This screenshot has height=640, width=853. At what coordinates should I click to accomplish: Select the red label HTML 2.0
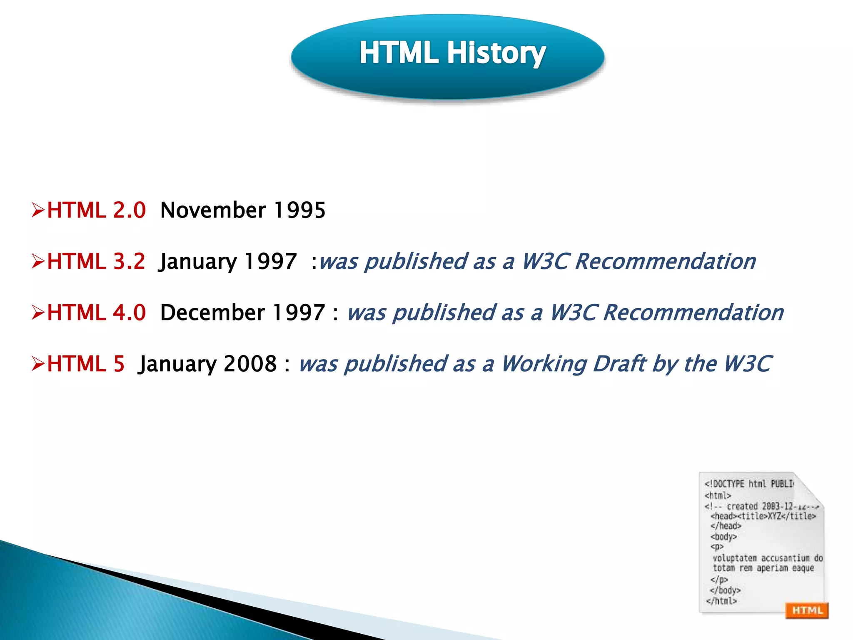(96, 210)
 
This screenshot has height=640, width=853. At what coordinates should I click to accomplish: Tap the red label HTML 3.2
(96, 261)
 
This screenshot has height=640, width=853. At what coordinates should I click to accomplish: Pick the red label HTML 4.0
(96, 312)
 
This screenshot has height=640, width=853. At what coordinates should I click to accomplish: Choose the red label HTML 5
(85, 364)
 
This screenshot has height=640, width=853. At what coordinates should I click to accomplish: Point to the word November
(213, 210)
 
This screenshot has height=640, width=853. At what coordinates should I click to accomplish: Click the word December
(212, 312)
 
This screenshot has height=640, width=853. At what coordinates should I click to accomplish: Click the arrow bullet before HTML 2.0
(38, 210)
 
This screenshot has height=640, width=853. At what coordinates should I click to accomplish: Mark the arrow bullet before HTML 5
(38, 364)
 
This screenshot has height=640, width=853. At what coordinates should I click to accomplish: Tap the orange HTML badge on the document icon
(807, 610)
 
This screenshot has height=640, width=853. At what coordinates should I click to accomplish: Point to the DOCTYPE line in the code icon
(749, 484)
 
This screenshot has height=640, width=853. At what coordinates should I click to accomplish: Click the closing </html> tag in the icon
(721, 601)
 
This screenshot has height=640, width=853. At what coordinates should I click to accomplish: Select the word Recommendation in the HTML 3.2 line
(666, 261)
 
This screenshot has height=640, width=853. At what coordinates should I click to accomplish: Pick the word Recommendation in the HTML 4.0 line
(693, 312)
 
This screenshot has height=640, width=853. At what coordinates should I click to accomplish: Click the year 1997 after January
(270, 261)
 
